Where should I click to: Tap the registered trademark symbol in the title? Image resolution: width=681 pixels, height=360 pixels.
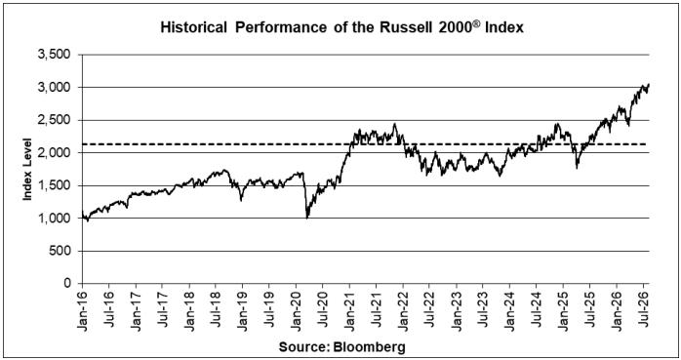pos(477,23)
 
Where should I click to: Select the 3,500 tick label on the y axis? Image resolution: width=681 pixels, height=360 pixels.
pos(54,55)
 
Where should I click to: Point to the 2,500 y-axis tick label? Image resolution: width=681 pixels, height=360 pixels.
pos(54,120)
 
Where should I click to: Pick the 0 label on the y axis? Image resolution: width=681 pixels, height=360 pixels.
pos(67,284)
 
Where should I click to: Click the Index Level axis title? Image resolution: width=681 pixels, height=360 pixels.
pos(27,170)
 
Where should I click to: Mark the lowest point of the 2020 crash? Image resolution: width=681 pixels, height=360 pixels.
pos(307,218)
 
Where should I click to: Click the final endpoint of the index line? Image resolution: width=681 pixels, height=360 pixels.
pos(649,84)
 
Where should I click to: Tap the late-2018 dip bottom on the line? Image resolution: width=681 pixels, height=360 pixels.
pos(242,201)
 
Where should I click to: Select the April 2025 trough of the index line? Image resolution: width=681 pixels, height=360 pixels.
pos(577,168)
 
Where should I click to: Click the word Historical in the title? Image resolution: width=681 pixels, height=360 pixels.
pos(194,27)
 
